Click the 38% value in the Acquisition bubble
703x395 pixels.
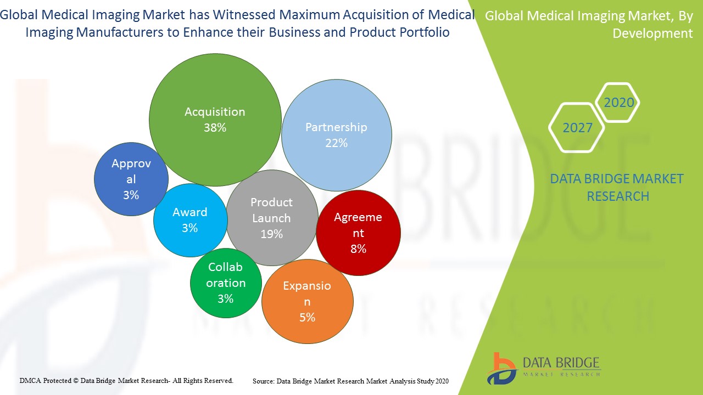coord(215,128)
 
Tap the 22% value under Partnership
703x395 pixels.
coord(336,143)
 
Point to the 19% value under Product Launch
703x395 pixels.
coord(271,234)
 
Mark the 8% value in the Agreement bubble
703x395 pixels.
coord(358,249)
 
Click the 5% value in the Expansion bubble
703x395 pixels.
coord(307,318)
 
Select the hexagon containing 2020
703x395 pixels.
coord(618,103)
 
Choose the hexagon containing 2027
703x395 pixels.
coord(577,128)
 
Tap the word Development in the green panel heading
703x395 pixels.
coord(652,33)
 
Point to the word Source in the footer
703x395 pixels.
coord(263,381)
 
